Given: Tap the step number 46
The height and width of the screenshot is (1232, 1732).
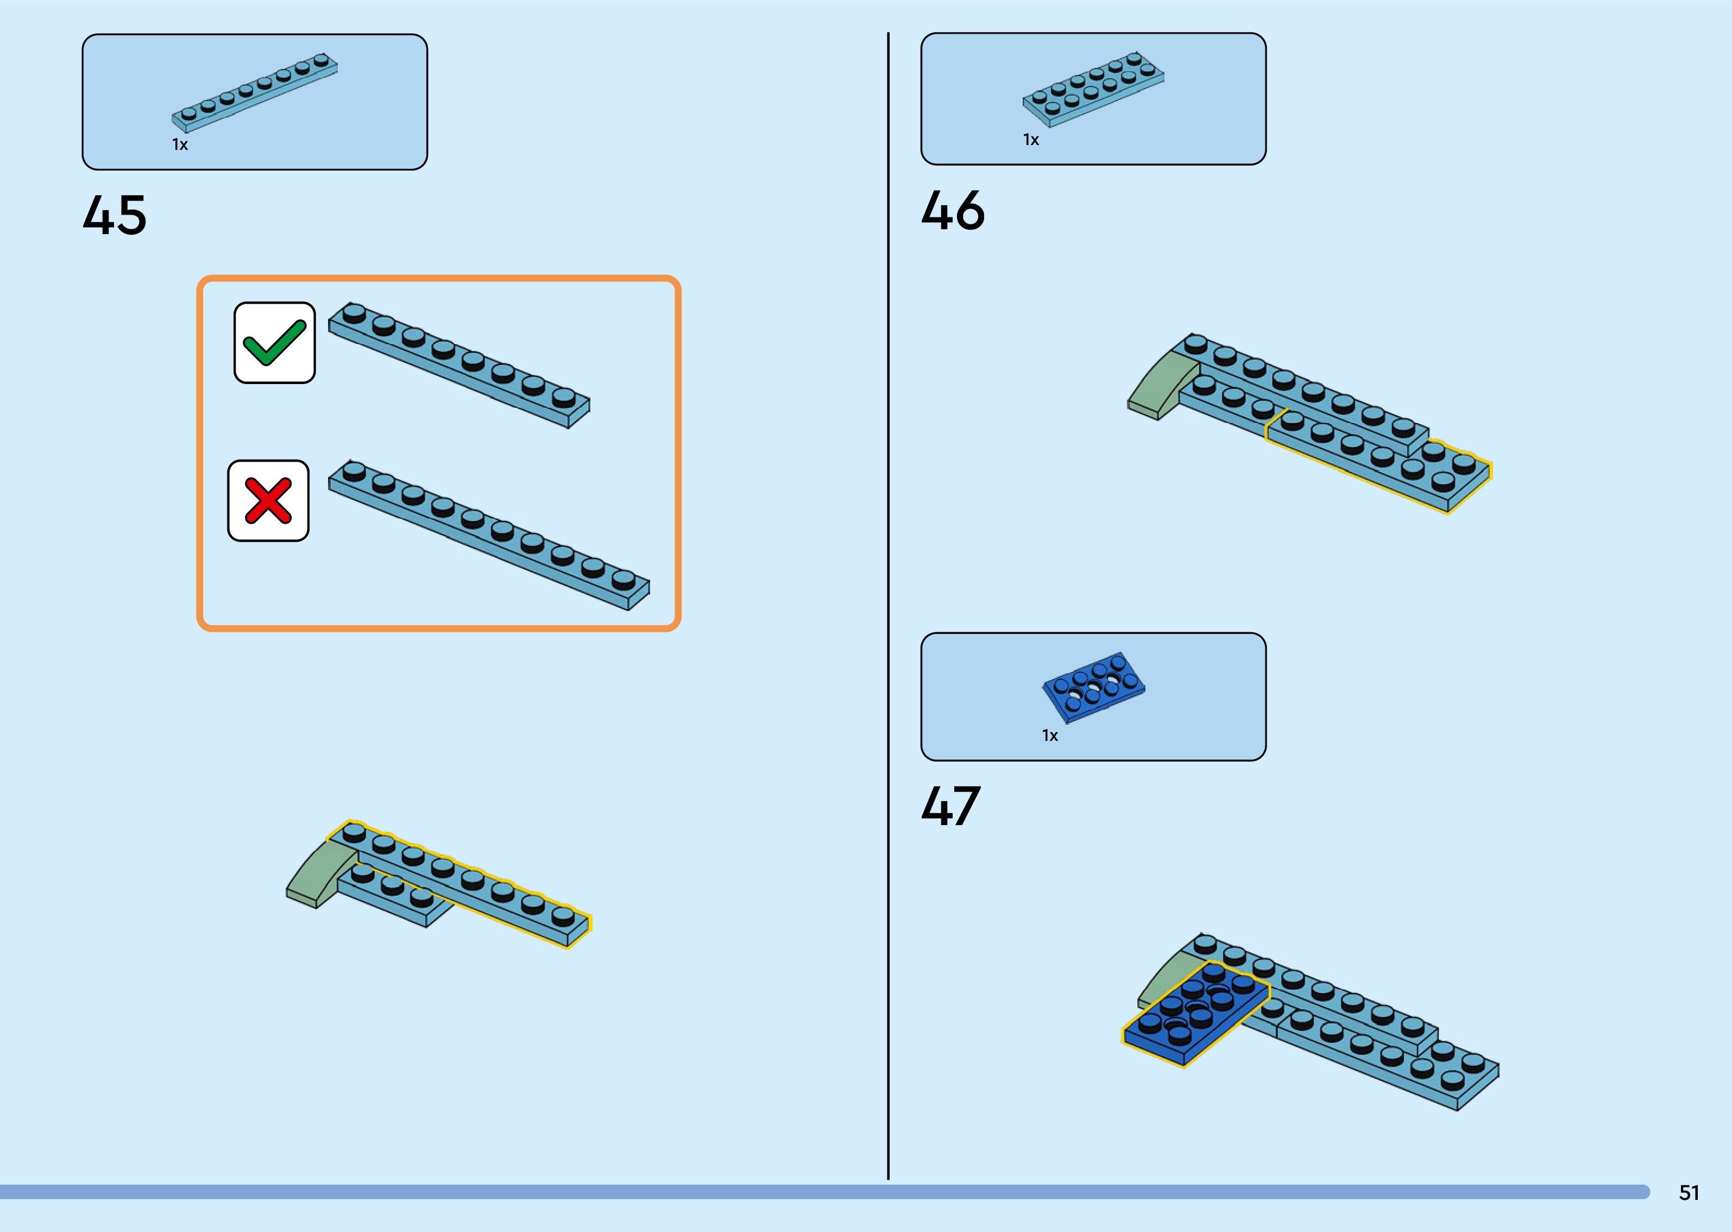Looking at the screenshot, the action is point(953,211).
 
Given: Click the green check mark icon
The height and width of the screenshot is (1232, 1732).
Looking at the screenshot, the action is point(274,343).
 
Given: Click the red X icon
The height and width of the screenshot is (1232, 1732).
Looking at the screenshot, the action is point(268,501).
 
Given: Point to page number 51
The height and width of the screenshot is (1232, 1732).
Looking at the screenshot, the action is point(1689,1192).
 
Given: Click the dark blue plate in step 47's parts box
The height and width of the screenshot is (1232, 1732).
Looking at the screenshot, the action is point(1093,687).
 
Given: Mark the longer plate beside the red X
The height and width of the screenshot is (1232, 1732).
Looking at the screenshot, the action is point(489,535).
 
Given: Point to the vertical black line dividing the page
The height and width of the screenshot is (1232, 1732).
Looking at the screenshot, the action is point(888,607).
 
